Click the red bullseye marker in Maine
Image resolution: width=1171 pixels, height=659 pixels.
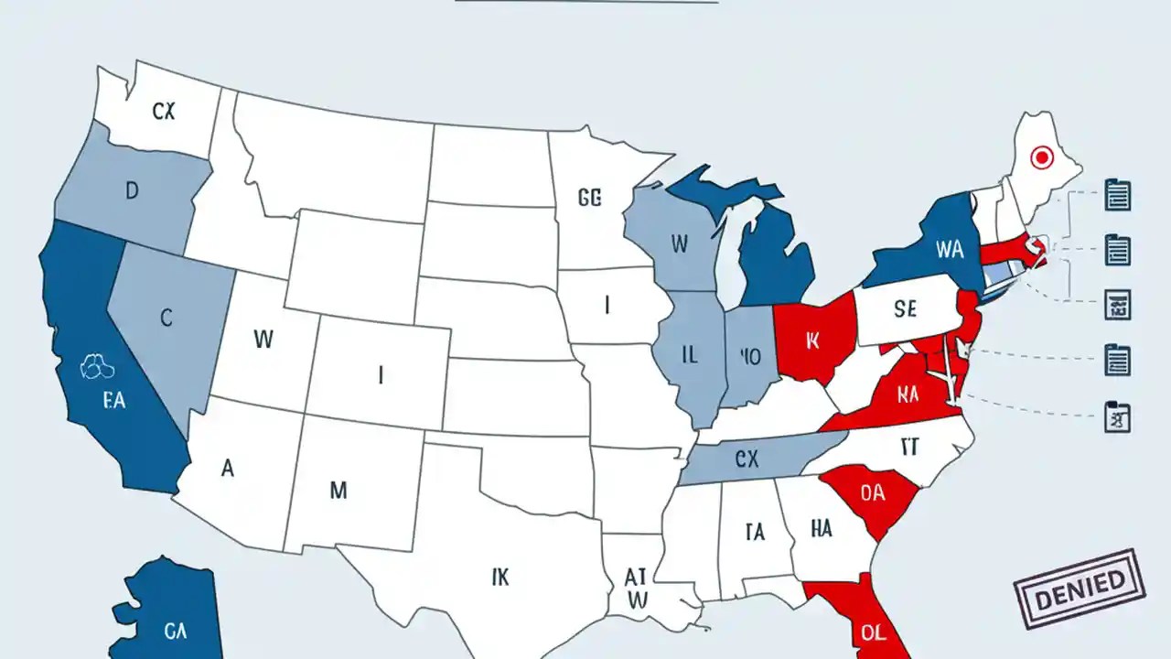pos(1041,158)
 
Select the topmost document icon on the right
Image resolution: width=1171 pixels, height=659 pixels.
pos(1118,194)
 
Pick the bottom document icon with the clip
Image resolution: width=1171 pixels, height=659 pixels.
pos(1118,416)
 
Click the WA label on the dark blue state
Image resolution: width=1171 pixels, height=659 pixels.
pos(951,249)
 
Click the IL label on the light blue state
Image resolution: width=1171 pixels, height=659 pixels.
pos(689,355)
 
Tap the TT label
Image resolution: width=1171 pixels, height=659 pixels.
pos(908,446)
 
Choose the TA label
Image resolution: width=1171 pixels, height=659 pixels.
pos(755,532)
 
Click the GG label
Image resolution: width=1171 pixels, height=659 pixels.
pos(590,198)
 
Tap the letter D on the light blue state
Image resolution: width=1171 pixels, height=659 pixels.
pos(132,191)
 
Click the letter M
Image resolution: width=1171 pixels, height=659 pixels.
pos(338,491)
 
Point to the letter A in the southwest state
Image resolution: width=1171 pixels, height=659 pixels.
pos(228,468)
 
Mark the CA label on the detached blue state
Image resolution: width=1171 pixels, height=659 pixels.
pos(176,630)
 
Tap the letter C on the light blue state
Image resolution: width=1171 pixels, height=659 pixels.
pos(166,318)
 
